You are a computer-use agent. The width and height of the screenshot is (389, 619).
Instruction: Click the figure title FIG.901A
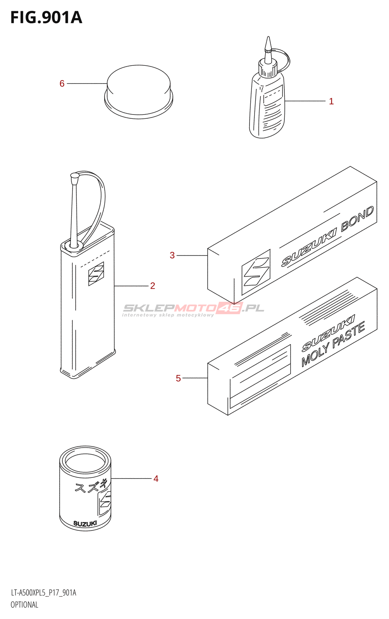46,18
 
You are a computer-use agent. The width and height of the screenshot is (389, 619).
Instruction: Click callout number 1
331,101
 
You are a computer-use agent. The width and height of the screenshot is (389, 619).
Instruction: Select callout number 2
153,286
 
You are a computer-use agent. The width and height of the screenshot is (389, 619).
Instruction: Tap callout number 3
172,255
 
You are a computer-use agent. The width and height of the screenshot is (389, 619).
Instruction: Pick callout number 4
156,479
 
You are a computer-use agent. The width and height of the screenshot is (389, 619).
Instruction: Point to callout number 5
178,378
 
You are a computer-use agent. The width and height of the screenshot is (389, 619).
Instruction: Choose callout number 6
62,84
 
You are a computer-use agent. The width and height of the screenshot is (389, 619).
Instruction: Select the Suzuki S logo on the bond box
256,273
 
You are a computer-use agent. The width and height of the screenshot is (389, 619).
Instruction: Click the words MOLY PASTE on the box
333,344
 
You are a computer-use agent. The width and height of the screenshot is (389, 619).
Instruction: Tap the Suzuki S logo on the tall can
96,274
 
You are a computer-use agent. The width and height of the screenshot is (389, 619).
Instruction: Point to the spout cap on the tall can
74,178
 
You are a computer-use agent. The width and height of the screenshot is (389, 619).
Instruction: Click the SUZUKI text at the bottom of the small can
85,524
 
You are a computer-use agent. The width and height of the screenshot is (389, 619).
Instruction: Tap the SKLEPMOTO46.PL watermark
193,308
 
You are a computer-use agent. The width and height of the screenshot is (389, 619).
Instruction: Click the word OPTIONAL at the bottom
24,605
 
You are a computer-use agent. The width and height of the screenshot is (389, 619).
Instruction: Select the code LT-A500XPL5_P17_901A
43,593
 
